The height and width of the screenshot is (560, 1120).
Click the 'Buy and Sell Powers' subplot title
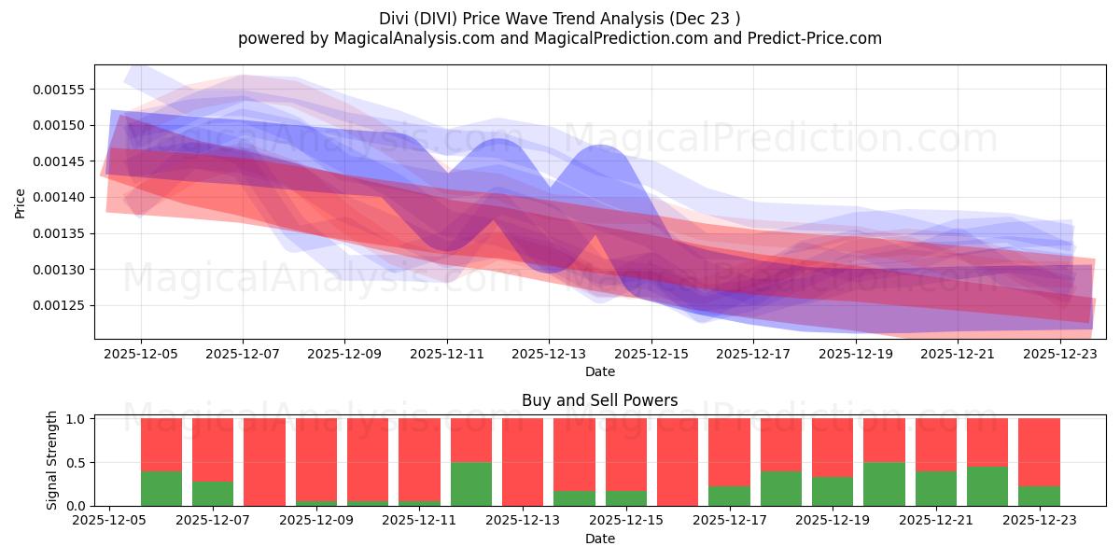599,400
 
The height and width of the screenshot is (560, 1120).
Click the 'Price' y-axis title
21,203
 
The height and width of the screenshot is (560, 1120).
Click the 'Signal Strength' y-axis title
52,460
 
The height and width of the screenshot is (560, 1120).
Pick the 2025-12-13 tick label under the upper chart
549,354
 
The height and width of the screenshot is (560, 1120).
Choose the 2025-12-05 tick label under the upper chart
141,354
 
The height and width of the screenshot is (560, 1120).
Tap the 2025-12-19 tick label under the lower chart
833,521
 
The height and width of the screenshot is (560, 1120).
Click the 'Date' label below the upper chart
599,371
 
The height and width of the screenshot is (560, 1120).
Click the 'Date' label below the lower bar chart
599,539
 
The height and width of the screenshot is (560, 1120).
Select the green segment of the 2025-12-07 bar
213,494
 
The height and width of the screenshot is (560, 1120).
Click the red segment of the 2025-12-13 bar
523,461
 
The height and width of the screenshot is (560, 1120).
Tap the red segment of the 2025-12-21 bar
936,444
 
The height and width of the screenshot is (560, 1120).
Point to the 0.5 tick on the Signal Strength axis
79,462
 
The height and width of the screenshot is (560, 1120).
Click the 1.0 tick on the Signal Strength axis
79,419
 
